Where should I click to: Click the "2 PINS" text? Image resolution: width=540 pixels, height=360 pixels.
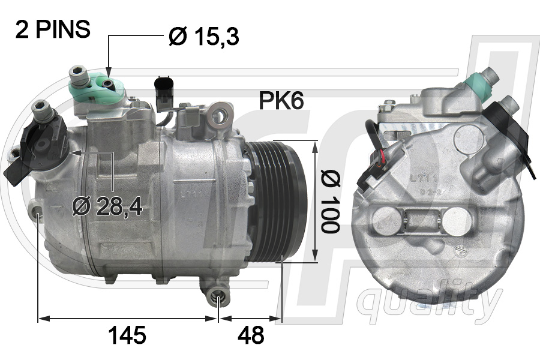[x=53, y=29]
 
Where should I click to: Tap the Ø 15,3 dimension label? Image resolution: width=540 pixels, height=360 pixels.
[x=204, y=36]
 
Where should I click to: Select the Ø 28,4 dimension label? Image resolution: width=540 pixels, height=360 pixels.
[x=107, y=206]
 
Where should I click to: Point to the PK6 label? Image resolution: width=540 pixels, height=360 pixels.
[x=281, y=100]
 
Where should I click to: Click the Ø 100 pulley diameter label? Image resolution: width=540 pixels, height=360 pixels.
[x=330, y=201]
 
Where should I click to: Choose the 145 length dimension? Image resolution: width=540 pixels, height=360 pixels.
[x=127, y=335]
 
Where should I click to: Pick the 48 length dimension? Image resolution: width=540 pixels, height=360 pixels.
[x=251, y=335]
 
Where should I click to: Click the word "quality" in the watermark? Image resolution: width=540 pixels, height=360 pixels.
[x=429, y=303]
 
